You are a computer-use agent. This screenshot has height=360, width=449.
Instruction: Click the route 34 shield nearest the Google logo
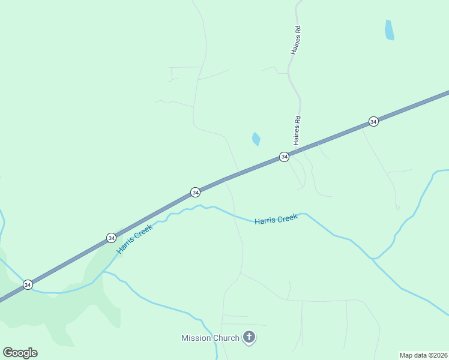coord(28,284)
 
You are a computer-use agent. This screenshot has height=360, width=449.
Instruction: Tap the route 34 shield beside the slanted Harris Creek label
coord(111,238)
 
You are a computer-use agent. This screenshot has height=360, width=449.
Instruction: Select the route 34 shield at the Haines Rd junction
coord(284,157)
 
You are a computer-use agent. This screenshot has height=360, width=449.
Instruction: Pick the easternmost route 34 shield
coord(373,121)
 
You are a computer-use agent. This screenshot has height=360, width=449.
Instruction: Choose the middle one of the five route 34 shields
coord(195,192)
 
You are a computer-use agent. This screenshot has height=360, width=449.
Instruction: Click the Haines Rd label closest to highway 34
coord(297,130)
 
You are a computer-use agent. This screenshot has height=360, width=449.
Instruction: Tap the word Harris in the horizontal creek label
coord(265,221)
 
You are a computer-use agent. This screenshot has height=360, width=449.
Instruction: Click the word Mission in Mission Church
coord(197,338)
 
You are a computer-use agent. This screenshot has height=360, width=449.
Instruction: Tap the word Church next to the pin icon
coord(227,338)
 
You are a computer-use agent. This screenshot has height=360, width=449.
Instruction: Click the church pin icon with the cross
coord(249,338)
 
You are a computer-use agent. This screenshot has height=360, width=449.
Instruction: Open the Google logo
coord(20,353)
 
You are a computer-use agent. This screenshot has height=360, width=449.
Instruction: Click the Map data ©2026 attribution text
coord(423,355)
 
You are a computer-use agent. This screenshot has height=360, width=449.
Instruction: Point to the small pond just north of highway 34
coord(256,139)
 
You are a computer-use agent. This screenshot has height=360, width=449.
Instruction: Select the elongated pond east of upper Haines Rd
coord(390,30)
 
